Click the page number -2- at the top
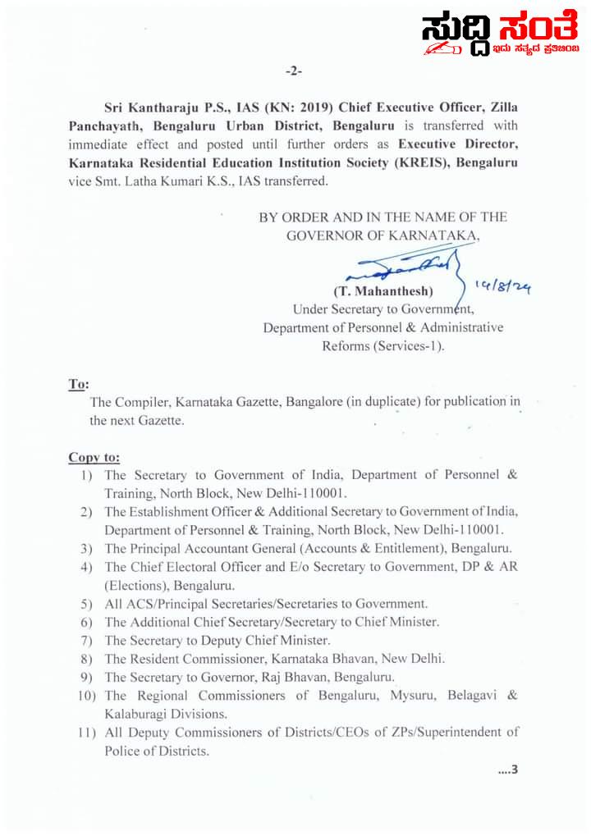[294, 72]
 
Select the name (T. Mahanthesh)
[383, 292]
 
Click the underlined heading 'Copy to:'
[94, 457]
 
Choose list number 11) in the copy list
[89, 733]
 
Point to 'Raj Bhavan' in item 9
[272, 678]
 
